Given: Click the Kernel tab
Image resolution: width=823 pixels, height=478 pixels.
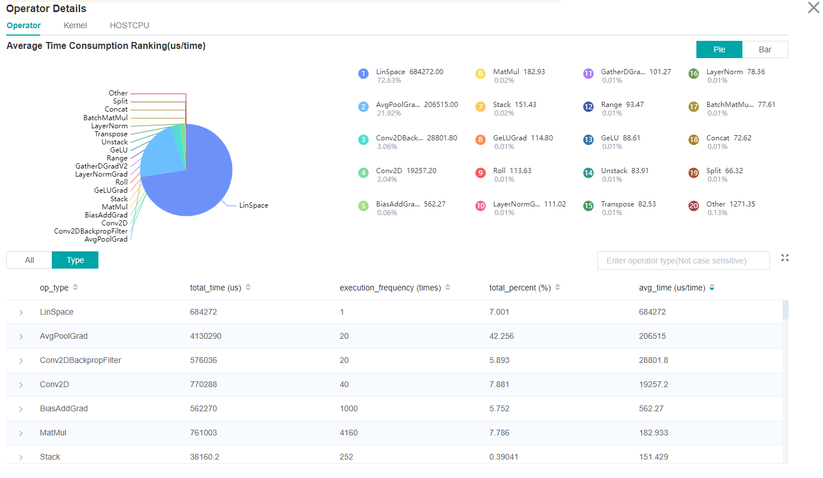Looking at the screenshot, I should pos(75,25).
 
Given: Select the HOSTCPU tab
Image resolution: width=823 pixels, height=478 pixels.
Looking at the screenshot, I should pos(129,25).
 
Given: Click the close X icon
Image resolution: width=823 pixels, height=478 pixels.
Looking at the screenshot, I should pos(813,8).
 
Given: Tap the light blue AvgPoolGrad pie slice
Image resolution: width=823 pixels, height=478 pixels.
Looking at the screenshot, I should pos(158,152).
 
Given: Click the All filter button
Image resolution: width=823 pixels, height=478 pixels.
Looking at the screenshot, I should pos(29,260).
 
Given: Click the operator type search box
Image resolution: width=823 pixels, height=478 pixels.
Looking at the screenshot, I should pos(683,261).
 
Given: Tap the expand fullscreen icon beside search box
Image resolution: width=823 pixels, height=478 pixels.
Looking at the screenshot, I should pos(784,258).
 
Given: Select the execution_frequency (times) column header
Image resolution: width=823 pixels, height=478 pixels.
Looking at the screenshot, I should pos(390,288).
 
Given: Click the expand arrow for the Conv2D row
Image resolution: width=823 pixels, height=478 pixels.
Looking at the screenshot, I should pos(21,385).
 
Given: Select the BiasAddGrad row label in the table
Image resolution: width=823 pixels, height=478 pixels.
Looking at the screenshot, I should pos(64,408).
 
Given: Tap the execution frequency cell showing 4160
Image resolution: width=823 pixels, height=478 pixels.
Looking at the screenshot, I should pos(348,433).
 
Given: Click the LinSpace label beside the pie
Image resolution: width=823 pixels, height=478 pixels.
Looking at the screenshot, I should pos(254,205).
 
